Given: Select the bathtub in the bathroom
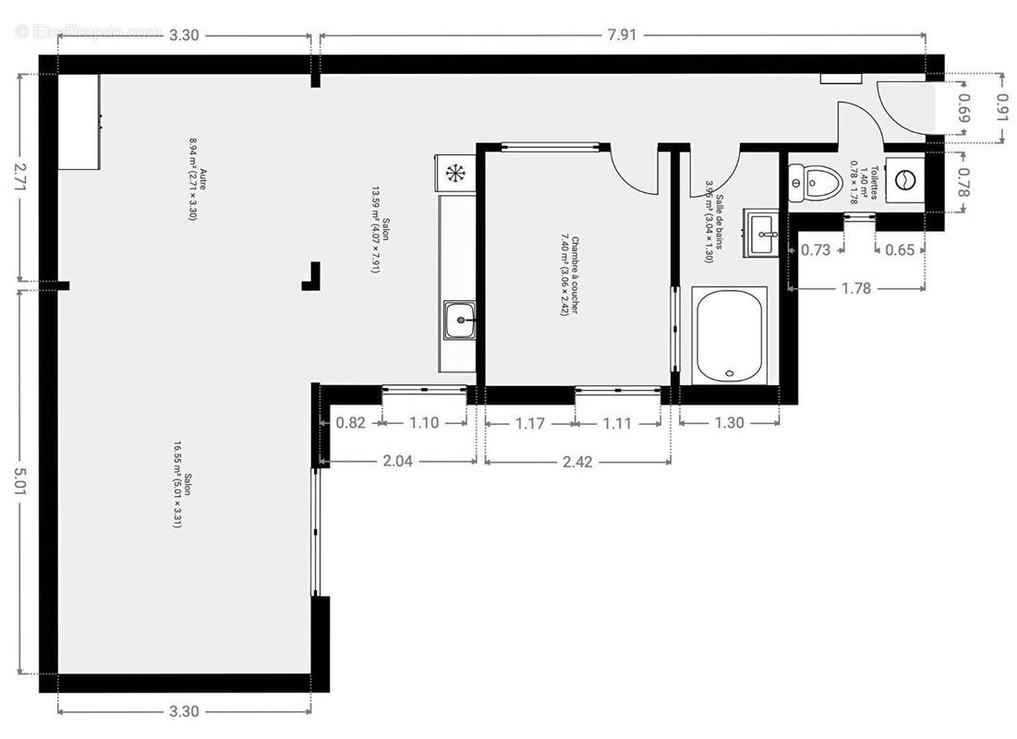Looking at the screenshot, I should (x=730, y=334).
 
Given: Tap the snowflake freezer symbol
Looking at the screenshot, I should (x=454, y=172).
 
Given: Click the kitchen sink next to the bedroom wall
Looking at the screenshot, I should (x=459, y=321).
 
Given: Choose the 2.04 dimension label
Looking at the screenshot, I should (x=397, y=461).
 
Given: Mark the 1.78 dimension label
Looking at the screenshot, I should (x=856, y=288).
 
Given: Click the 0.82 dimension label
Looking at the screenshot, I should (x=351, y=423).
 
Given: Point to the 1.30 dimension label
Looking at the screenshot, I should (x=729, y=423).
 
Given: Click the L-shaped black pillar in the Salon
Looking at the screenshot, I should (x=312, y=277).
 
